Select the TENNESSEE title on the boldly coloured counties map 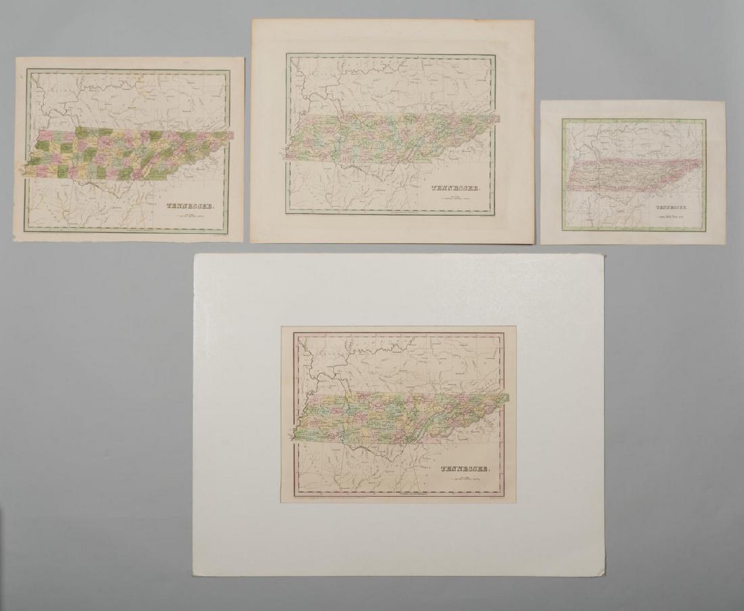[187, 207]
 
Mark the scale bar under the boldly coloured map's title [187, 216]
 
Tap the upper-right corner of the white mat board [603, 255]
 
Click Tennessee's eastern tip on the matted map [508, 395]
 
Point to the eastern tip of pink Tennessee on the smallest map [701, 161]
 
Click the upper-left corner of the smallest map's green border [563, 120]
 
